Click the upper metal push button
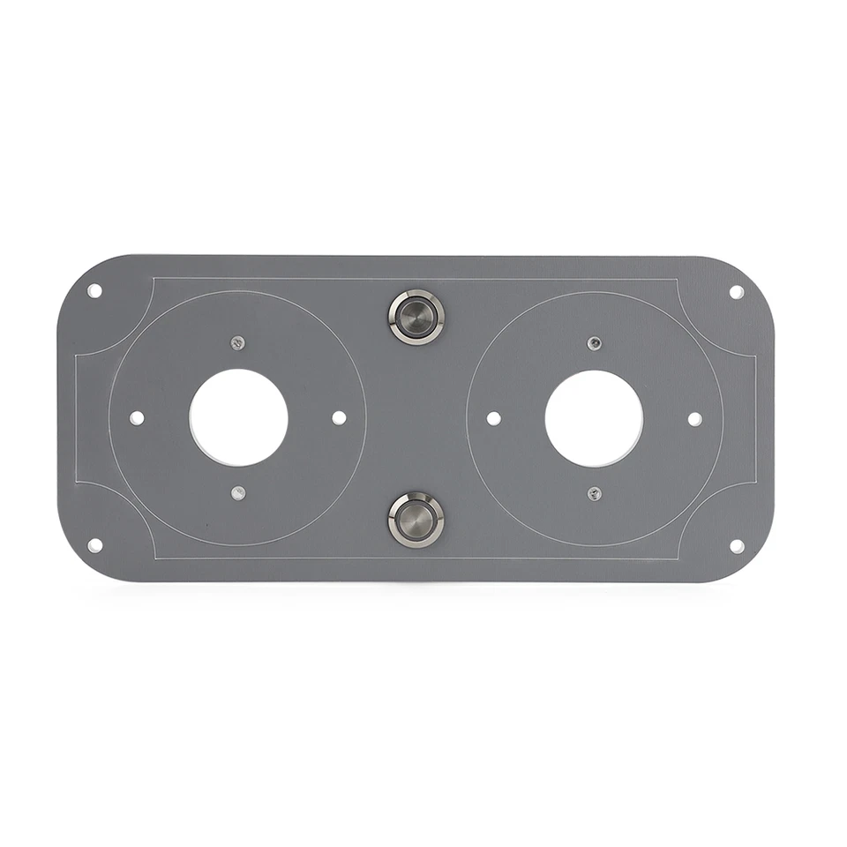click(x=416, y=317)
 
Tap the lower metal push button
click(x=416, y=520)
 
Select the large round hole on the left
click(x=239, y=417)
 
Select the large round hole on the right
click(x=594, y=418)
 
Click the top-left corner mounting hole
click(x=94, y=290)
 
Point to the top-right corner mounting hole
click(x=736, y=292)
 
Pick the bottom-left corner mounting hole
click(x=94, y=545)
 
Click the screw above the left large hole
click(x=237, y=342)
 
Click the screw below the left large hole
click(x=237, y=493)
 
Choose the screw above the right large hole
click(x=595, y=343)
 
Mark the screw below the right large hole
click(x=595, y=494)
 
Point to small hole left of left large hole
click(x=137, y=417)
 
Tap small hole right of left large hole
click(x=339, y=417)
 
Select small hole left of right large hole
click(x=493, y=418)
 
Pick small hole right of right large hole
click(x=694, y=418)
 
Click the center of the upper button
click(x=416, y=317)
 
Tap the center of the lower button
click(x=416, y=520)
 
